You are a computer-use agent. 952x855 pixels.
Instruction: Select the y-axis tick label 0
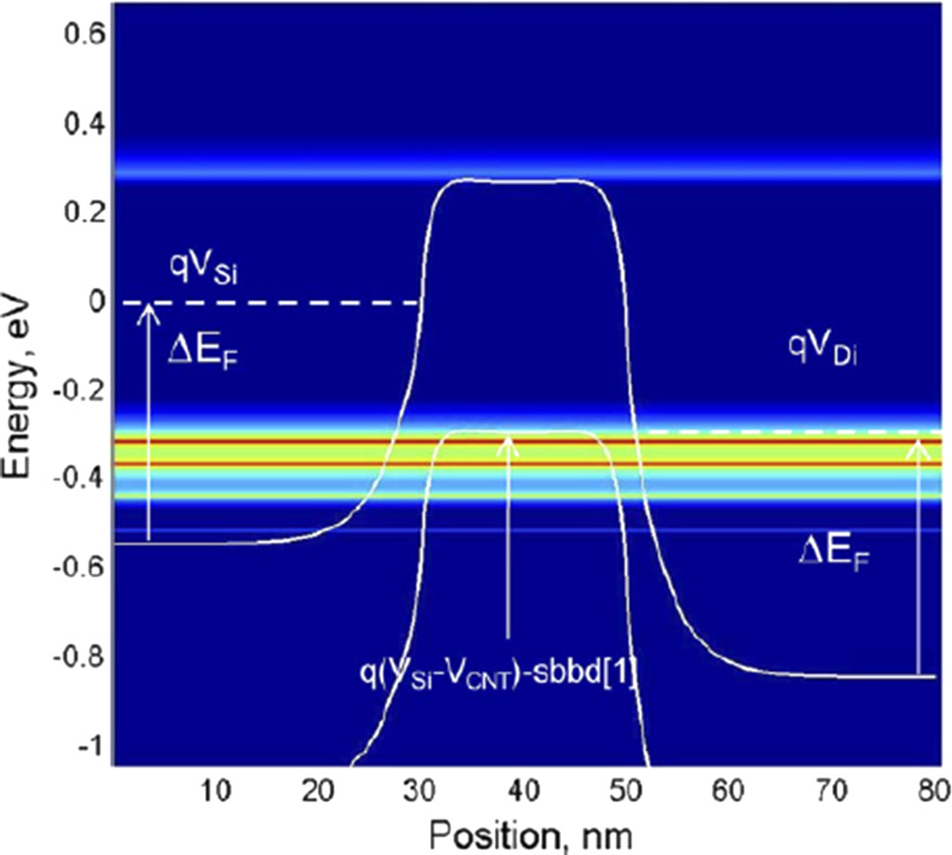[x=96, y=302]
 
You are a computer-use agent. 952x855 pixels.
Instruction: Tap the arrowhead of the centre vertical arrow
[x=508, y=441]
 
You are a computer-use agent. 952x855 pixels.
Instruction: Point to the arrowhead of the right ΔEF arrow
[x=919, y=444]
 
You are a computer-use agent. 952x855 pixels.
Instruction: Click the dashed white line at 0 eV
[x=285, y=303]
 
